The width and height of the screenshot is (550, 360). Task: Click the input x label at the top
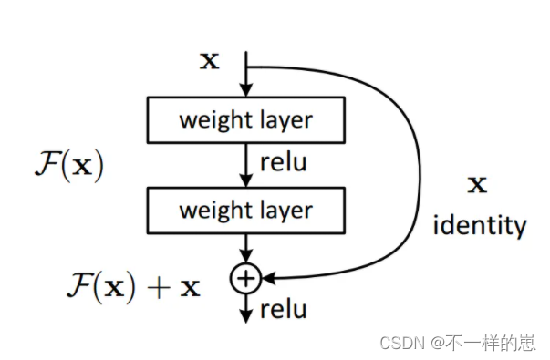[210, 61]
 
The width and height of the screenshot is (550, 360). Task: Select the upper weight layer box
[245, 119]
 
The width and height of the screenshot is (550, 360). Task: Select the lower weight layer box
[245, 210]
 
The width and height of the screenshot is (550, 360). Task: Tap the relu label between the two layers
[283, 164]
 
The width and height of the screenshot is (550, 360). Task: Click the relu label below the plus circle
[283, 310]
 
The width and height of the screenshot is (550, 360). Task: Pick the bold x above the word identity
[477, 185]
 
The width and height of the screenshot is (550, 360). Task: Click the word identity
[480, 224]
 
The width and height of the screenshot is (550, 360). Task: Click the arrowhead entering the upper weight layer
[245, 90]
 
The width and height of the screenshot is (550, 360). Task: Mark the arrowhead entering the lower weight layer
[245, 180]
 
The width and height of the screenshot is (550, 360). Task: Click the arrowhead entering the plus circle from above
[245, 258]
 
